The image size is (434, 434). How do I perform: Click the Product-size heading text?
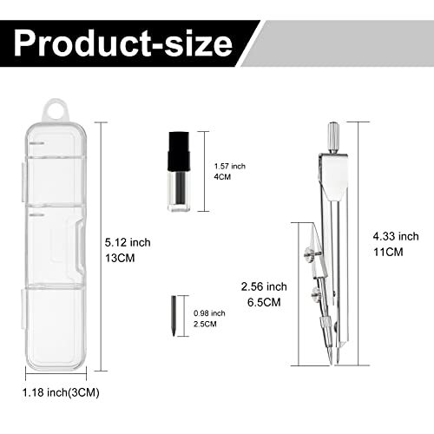[x=123, y=43]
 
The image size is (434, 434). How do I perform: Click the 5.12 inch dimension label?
[x=128, y=242]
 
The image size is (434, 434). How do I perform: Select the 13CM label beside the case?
[x=120, y=258]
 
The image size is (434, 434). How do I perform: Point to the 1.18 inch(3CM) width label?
[x=61, y=392]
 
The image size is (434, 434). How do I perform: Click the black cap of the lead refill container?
[x=179, y=152]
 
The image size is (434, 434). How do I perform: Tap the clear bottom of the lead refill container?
[x=180, y=191]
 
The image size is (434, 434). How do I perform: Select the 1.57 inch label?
[x=230, y=167]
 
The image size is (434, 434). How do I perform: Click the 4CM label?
[x=222, y=177]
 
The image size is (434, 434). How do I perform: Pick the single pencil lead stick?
[x=174, y=316]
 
